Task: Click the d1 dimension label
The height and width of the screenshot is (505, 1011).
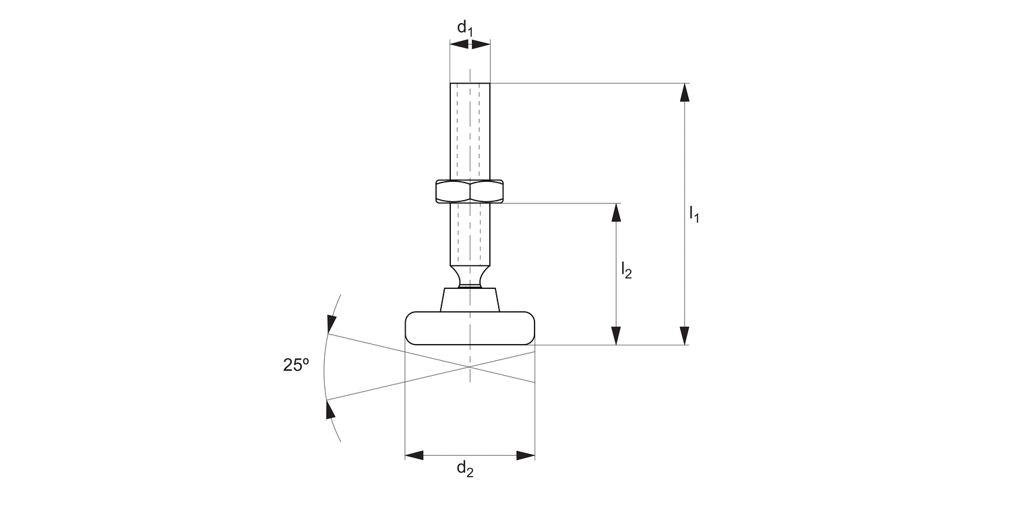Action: coord(465,28)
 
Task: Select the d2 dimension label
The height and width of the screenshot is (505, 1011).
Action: coord(465,469)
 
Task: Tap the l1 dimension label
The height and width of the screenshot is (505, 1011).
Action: coord(694,214)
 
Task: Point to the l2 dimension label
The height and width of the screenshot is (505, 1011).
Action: coord(625,271)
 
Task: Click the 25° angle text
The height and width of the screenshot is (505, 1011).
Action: coord(296,365)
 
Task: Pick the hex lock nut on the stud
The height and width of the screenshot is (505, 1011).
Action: coord(470,191)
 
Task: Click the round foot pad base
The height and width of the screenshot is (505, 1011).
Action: coord(470,329)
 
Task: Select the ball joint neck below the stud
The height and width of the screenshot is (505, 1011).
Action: coord(470,276)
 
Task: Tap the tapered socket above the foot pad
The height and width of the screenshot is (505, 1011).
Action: coord(470,300)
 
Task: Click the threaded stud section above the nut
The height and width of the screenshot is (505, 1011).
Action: coord(470,131)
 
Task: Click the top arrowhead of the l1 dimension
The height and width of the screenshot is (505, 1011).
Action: coord(685,92)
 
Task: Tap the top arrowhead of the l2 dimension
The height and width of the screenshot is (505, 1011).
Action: coord(615,212)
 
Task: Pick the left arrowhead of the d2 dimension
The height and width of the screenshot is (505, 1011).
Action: coord(414,456)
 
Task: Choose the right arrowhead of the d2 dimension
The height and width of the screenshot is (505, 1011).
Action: coord(526,456)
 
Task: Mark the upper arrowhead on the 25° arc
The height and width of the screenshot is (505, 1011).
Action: coord(330,324)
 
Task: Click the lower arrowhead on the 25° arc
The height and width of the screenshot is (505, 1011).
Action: coord(330,409)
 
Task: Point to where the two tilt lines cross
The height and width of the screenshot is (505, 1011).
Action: coord(470,367)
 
